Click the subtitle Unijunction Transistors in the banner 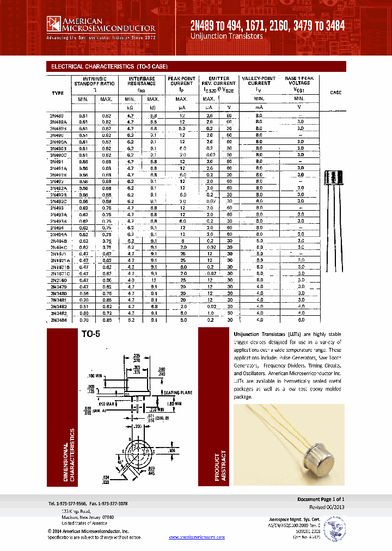tap(226, 36)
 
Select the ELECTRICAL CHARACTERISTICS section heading tap(109, 66)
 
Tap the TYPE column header tap(58, 93)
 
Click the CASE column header tap(336, 93)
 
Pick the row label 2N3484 tap(59, 320)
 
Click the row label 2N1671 tap(58, 254)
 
